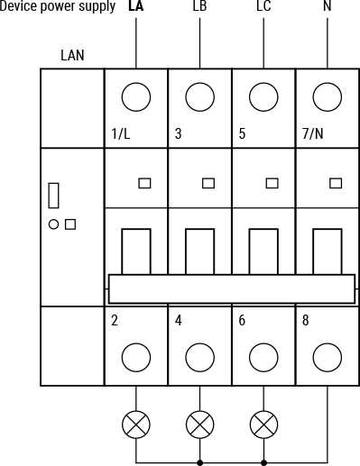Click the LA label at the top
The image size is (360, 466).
136,7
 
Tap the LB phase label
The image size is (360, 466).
199,7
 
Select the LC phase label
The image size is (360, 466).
263,7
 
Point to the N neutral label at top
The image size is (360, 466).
327,7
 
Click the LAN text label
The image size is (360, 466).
72,55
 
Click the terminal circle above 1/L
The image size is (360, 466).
136,96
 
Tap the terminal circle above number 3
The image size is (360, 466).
199,96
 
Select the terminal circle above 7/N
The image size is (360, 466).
327,96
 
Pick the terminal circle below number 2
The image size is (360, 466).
136,357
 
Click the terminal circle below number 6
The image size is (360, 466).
263,357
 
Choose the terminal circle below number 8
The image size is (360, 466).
327,357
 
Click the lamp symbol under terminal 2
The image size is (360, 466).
136,424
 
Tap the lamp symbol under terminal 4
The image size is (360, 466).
199,424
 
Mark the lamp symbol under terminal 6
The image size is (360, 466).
263,424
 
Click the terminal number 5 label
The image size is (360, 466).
242,135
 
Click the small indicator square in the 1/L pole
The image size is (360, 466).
144,184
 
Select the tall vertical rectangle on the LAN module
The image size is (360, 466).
54,196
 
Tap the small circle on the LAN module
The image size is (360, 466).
53,224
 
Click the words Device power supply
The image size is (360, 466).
58,7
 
